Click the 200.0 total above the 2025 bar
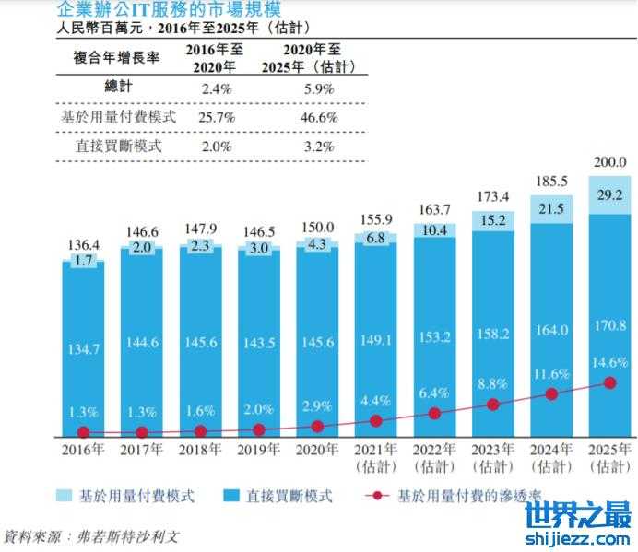point(608,161)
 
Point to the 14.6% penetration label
point(609,362)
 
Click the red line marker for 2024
point(551,393)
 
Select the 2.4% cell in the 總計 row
point(215,89)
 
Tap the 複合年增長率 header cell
point(116,57)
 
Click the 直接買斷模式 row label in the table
point(116,146)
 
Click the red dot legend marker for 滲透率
point(376,496)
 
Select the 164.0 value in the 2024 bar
point(551,330)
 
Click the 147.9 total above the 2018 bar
point(200,229)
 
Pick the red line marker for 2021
point(375,421)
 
